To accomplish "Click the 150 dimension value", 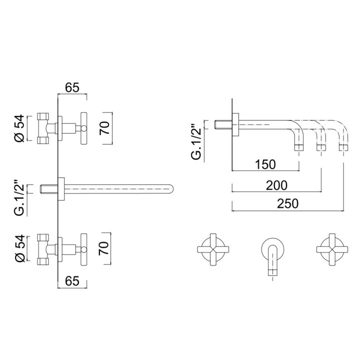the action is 265,164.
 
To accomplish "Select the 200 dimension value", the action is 276,185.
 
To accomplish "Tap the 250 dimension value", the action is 287,203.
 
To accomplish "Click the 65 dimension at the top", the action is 72,87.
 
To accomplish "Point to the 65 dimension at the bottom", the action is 72,281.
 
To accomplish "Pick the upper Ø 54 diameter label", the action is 19,128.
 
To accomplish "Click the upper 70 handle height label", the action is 104,128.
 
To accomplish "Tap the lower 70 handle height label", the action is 104,248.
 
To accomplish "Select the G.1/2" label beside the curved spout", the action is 196,141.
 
